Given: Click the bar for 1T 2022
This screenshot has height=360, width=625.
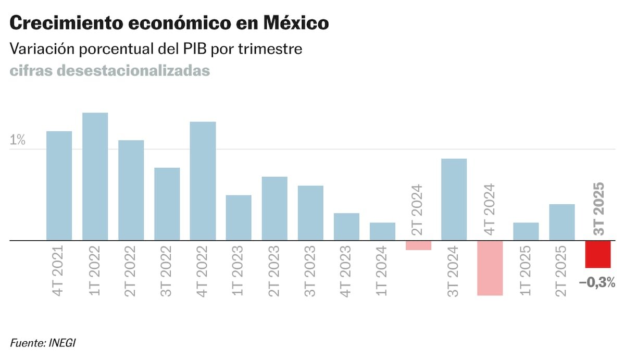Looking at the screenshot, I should [x=95, y=177].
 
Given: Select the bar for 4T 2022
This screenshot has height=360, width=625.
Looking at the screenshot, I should [x=203, y=181].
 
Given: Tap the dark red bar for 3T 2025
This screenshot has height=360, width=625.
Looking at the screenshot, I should [x=597, y=254].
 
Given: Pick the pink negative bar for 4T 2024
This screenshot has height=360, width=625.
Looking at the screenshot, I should [x=490, y=268].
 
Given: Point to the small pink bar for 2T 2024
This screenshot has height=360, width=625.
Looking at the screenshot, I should [x=418, y=245].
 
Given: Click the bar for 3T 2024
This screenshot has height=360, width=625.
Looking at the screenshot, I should [x=454, y=200].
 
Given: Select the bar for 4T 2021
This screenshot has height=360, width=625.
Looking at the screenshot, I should [x=59, y=185].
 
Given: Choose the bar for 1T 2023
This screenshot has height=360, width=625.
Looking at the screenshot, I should [x=239, y=218].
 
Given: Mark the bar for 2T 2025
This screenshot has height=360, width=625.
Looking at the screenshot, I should [x=561, y=222].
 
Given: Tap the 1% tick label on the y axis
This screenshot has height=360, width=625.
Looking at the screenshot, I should [x=17, y=140].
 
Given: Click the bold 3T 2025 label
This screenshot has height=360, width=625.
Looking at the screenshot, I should [x=599, y=208].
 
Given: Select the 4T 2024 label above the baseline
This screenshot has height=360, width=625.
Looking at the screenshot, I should [x=490, y=209].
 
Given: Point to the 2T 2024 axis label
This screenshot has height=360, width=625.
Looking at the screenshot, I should [x=418, y=209].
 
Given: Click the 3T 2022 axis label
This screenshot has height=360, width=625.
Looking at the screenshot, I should [x=167, y=271].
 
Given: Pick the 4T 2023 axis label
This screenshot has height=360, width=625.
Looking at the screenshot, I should [x=346, y=271].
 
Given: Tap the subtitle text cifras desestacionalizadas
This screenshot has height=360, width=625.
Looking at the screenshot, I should [x=110, y=70].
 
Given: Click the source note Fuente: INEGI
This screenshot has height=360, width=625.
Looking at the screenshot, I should [x=44, y=343].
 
